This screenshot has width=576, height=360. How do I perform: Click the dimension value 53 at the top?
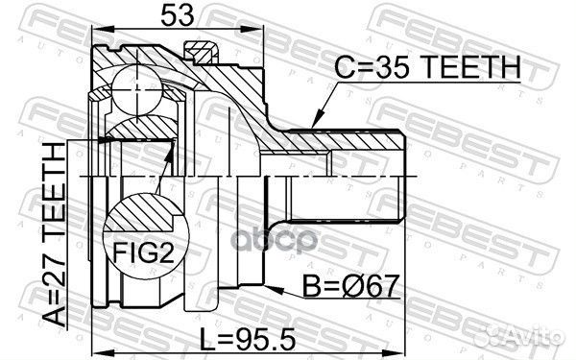[177, 15]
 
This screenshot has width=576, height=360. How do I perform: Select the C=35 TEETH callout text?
[427, 67]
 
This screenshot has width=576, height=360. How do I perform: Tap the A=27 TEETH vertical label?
[54, 234]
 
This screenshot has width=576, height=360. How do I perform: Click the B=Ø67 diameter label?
[351, 286]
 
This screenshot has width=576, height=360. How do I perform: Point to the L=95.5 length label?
[248, 339]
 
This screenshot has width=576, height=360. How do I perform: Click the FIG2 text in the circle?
[143, 252]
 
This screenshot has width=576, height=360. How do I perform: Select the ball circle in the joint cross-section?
[136, 89]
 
